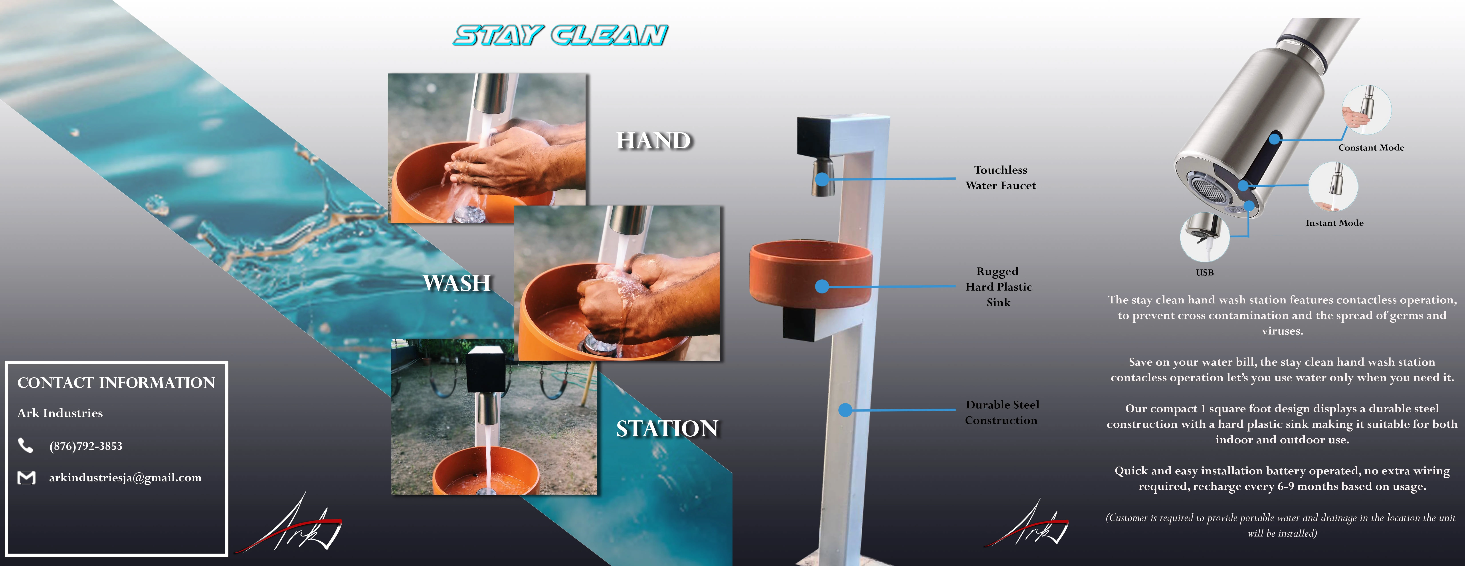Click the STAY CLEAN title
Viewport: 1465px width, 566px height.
pyautogui.click(x=560, y=35)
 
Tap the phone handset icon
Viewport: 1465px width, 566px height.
pyautogui.click(x=26, y=445)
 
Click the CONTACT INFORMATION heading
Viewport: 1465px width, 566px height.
pyautogui.click(x=116, y=383)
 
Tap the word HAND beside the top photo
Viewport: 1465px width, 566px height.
pyautogui.click(x=654, y=141)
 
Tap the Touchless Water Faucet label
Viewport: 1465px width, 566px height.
pyautogui.click(x=1001, y=178)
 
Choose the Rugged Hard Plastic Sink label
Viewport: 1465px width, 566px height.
pyautogui.click(x=999, y=287)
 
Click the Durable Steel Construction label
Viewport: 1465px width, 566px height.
pyautogui.click(x=1002, y=412)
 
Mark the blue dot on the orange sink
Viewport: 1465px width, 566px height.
pyautogui.click(x=822, y=286)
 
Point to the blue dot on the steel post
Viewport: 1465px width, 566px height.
pyautogui.click(x=846, y=410)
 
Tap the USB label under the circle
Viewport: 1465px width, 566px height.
pyautogui.click(x=1205, y=273)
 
